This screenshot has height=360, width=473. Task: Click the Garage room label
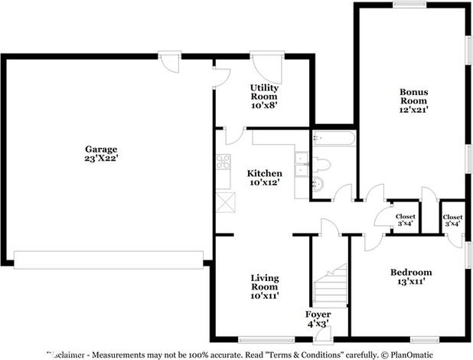point(101,149)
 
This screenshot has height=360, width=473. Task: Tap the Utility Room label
point(263,92)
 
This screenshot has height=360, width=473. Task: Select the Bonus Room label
point(413,96)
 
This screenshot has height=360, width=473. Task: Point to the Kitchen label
point(266,173)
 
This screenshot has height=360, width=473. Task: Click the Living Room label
point(265,282)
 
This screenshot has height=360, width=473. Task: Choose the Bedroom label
point(411,272)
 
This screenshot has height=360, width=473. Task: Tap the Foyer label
point(318,314)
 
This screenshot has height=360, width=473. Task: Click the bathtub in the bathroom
point(334,139)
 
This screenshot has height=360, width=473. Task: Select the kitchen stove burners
point(223,162)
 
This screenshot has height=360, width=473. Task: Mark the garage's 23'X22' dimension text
point(101,158)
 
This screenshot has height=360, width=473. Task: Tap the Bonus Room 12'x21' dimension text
point(413,110)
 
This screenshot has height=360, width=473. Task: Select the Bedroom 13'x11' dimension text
point(411,282)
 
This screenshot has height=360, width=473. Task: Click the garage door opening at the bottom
point(109,260)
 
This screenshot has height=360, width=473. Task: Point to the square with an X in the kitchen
point(226,201)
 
